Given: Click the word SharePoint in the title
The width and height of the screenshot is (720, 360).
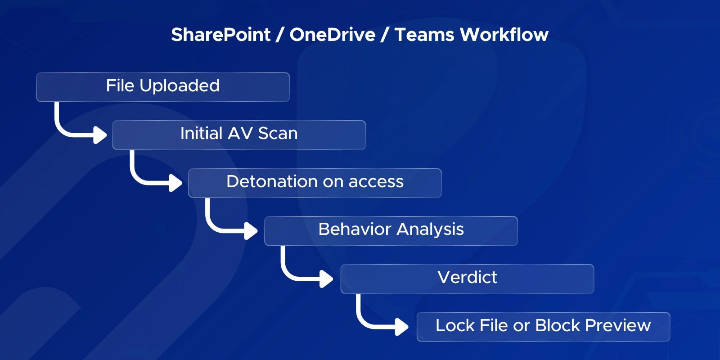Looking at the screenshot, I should point(220,35).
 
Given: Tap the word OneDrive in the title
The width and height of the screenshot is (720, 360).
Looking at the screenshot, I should point(332,35).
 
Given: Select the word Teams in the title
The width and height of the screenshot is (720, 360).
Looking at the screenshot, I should point(424,35).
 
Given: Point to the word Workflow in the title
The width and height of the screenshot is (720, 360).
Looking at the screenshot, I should point(504,35).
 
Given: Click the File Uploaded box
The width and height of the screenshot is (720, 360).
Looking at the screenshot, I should point(162,86).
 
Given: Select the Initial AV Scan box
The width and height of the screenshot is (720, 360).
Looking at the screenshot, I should point(239,135).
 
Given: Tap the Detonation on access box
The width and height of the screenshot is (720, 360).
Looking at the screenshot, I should point(315,183).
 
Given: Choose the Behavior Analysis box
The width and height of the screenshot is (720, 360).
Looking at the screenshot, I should point(391,230).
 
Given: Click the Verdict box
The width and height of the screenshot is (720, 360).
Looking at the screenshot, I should point(467,279).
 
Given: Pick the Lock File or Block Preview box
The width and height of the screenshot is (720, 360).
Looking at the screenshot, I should point(543,326).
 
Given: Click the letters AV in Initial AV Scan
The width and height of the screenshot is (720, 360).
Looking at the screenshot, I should point(240,133).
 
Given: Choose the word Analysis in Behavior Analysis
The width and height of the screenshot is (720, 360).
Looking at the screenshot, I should point(430,229).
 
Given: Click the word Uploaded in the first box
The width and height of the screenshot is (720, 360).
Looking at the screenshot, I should point(180,85).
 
